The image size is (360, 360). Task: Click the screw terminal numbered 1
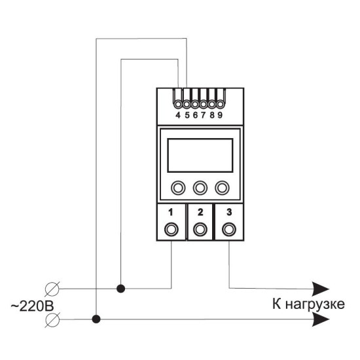[171, 229]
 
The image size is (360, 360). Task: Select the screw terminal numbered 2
[200, 229]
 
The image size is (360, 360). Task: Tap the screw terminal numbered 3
[229, 229]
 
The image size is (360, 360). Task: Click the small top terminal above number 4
[178, 105]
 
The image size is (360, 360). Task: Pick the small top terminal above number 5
[187, 105]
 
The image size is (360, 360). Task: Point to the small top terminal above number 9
[220, 105]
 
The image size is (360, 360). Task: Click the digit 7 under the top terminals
[203, 115]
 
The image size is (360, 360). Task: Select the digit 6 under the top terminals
[195, 115]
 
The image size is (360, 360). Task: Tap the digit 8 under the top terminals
[212, 115]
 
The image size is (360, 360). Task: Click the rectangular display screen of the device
[200, 155]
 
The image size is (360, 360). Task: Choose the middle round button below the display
[200, 188]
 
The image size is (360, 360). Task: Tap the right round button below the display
[222, 188]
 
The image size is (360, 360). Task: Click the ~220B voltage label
[32, 306]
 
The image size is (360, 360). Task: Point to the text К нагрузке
[308, 304]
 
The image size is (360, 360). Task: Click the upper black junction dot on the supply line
[121, 289]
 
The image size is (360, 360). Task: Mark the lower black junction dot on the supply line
[96, 319]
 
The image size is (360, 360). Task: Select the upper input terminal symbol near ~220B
[52, 289]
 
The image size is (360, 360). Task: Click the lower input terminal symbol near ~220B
[52, 319]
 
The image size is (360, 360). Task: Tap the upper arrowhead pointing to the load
[321, 289]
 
